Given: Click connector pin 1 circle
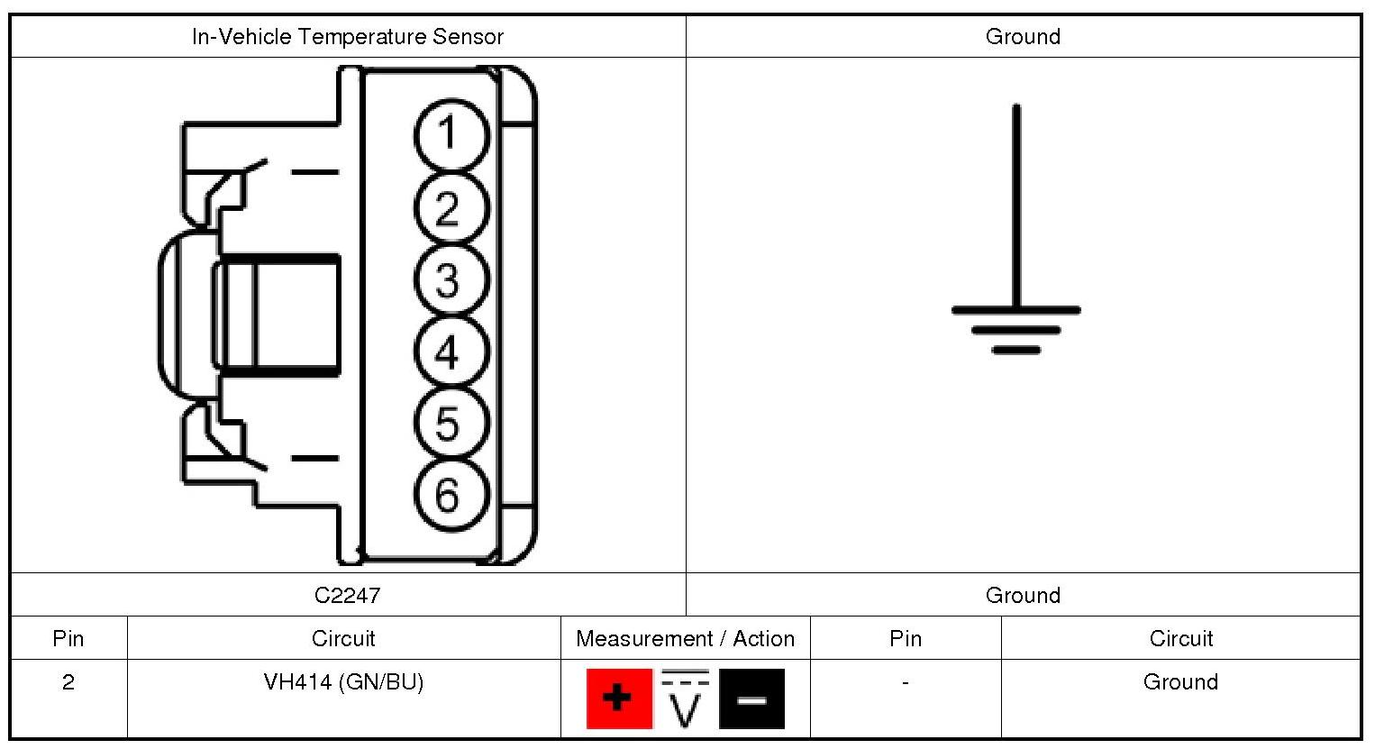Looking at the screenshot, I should (451, 135).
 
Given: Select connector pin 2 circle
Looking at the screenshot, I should (451, 208).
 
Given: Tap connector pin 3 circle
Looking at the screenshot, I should (451, 279).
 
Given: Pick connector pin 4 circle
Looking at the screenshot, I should (451, 352).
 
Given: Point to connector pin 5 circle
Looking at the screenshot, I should (451, 423).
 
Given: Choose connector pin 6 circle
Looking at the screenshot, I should (451, 495).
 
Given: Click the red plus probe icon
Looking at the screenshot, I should (619, 698).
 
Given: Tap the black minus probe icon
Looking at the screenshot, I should (751, 698).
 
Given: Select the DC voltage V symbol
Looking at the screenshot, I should (686, 698).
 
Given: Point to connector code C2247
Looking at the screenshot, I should (348, 595).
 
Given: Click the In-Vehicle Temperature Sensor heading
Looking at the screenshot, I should (348, 37).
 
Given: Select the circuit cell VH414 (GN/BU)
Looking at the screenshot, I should (343, 682).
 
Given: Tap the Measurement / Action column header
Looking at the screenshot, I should (685, 639).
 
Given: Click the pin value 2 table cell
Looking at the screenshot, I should (68, 682).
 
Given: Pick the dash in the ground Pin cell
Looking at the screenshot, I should (905, 682).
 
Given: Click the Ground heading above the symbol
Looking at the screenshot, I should (1023, 37).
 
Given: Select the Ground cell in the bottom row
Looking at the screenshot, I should (1180, 682).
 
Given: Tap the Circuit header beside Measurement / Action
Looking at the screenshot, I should (343, 639).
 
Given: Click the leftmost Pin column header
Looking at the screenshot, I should (68, 639).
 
